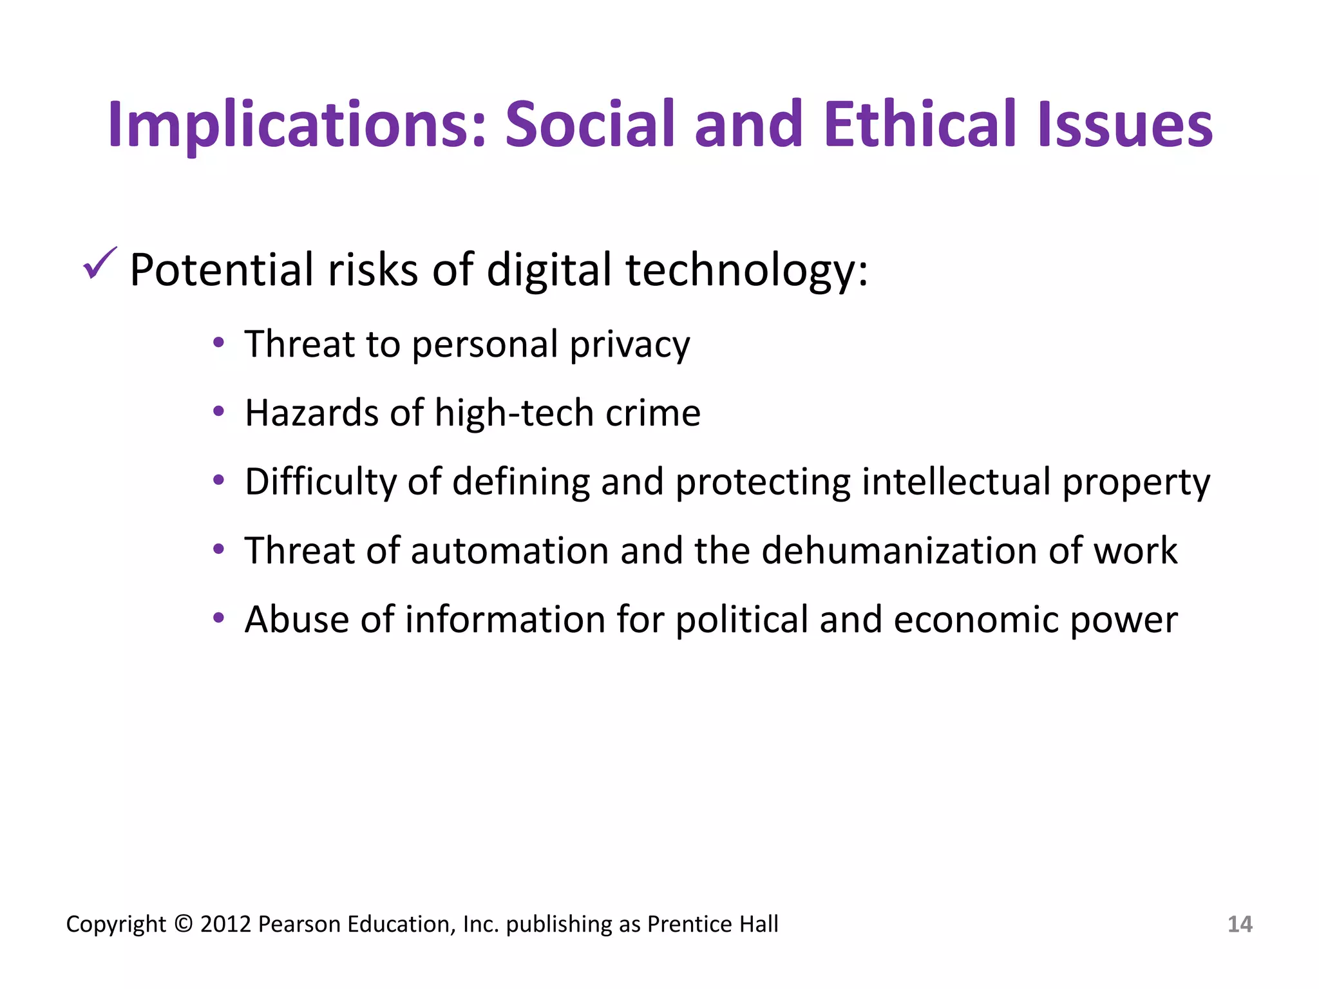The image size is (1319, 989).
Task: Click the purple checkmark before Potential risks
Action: click(x=100, y=263)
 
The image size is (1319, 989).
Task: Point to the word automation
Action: click(x=509, y=551)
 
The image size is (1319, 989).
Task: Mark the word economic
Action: click(x=975, y=619)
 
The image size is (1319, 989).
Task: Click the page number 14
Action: click(x=1240, y=925)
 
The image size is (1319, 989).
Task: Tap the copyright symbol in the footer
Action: click(x=184, y=925)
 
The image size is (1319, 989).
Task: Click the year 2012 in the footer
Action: click(x=225, y=925)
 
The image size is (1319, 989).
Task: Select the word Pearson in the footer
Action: click(x=299, y=925)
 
